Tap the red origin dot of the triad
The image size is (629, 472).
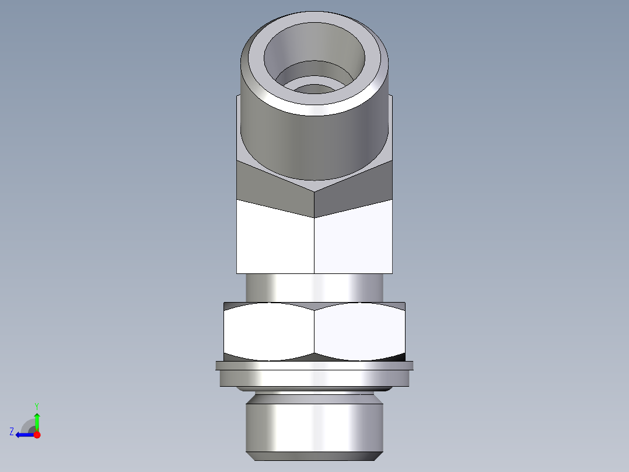point(37,435)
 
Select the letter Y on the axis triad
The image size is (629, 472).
point(37,405)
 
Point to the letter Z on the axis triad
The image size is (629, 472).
point(11,432)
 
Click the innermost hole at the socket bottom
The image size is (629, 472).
point(315,89)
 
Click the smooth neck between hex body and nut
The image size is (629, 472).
point(314,287)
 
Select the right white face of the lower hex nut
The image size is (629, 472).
point(359,331)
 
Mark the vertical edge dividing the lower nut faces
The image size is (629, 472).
point(314,331)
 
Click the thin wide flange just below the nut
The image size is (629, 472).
point(314,366)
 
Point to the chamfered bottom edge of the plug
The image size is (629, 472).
point(314,456)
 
